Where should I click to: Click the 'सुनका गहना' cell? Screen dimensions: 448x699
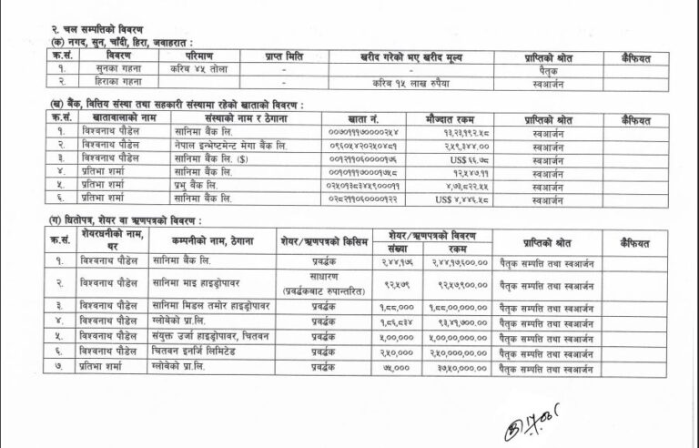click(104, 68)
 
